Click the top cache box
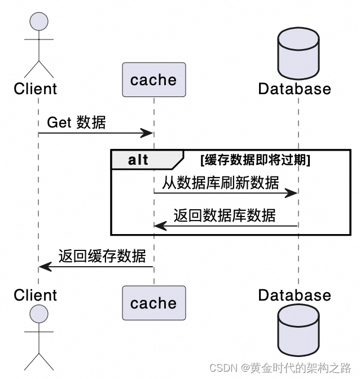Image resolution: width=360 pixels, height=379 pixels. pos(153,80)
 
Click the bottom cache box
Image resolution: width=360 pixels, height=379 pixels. pos(153,303)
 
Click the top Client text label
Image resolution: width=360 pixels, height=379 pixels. pos(35,89)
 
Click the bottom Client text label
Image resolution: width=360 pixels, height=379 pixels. pos(35,295)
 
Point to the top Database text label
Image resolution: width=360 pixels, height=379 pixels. pos(295,89)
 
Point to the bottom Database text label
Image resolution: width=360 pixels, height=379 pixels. pos(295,295)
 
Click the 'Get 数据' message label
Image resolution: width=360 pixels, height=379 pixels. pos(76,122)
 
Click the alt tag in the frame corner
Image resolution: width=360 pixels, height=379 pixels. pos(138,160)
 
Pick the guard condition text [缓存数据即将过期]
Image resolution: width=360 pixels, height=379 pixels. pos(255,160)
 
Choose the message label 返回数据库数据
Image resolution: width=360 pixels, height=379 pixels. pos(225,215)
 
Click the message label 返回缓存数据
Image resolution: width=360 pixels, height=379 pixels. pos(102,256)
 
